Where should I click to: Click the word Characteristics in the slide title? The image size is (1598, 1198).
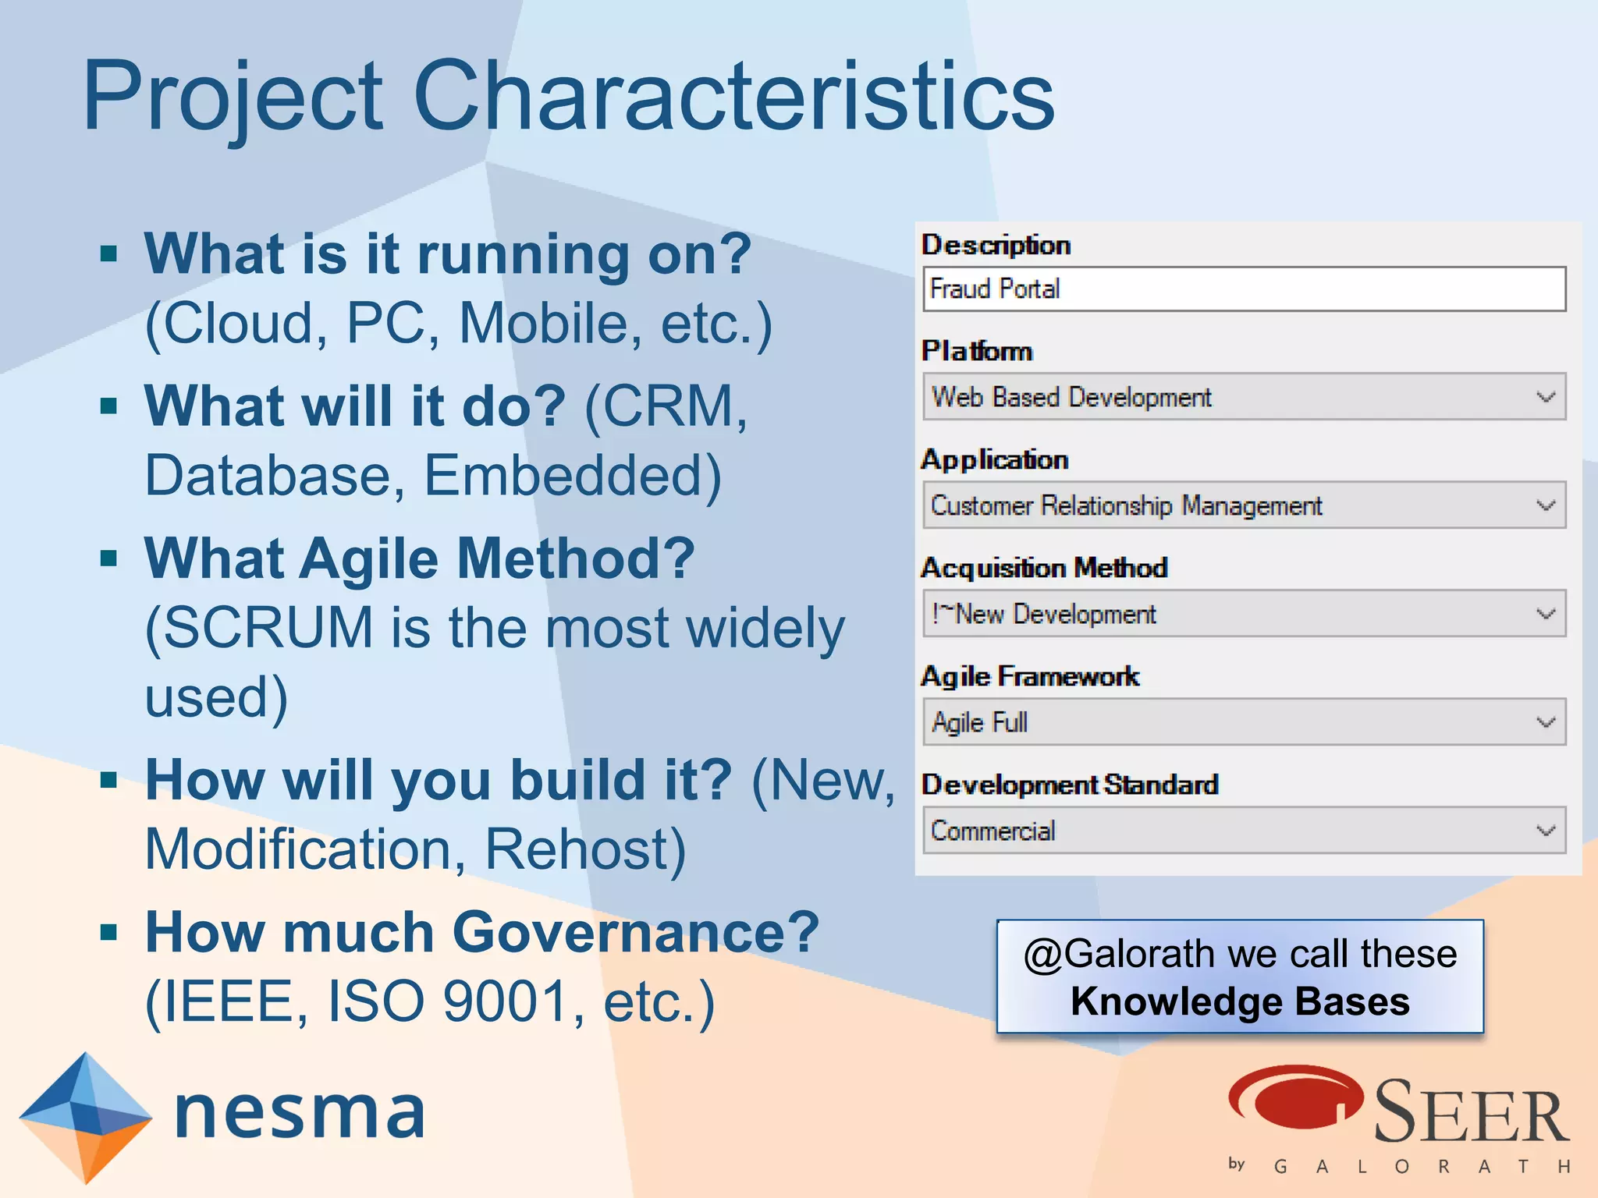[733, 97]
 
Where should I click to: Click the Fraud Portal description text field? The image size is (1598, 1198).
[1243, 289]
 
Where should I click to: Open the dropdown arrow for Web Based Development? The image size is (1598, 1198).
[1545, 397]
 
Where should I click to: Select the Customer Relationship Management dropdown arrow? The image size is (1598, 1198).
[1545, 505]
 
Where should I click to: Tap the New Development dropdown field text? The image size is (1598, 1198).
[1046, 615]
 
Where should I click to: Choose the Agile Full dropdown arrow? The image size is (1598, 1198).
[1545, 722]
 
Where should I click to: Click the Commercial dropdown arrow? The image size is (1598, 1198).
[1545, 831]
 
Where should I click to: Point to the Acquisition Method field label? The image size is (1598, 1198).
[1044, 568]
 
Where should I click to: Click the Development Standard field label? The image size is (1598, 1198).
[1069, 785]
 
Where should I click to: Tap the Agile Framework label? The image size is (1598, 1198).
[1030, 676]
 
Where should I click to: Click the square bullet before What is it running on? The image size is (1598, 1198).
[109, 253]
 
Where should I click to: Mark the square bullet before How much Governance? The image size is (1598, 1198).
[109, 931]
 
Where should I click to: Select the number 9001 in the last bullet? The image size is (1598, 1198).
[505, 1001]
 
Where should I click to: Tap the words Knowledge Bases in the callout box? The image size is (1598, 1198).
[1240, 1001]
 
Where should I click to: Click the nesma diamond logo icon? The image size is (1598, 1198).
[85, 1117]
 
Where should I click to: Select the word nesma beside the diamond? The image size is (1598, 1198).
[300, 1114]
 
